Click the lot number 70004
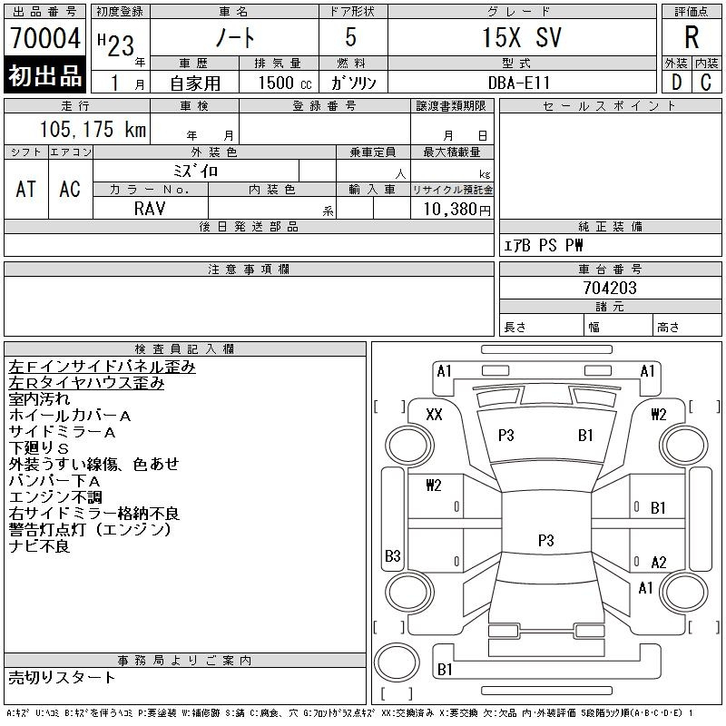pyautogui.click(x=45, y=37)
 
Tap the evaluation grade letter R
pyautogui.click(x=692, y=37)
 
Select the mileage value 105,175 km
pyautogui.click(x=93, y=129)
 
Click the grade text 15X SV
pyautogui.click(x=522, y=37)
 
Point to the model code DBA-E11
pyautogui.click(x=519, y=83)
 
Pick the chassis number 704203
pyautogui.click(x=610, y=288)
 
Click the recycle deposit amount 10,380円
pyautogui.click(x=457, y=210)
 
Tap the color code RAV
pyautogui.click(x=150, y=209)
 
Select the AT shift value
pyautogui.click(x=25, y=189)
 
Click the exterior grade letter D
pyautogui.click(x=676, y=83)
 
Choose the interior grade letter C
pyautogui.click(x=706, y=83)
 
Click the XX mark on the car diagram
pyautogui.click(x=434, y=414)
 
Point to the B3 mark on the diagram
pyautogui.click(x=393, y=555)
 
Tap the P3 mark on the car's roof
pyautogui.click(x=546, y=540)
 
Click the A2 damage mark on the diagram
pyautogui.click(x=659, y=562)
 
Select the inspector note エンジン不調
pyautogui.click(x=55, y=496)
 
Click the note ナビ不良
pyautogui.click(x=39, y=546)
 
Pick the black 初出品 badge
pyautogui.click(x=44, y=75)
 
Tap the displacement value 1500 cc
pyautogui.click(x=285, y=83)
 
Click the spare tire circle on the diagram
pyautogui.click(x=397, y=662)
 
